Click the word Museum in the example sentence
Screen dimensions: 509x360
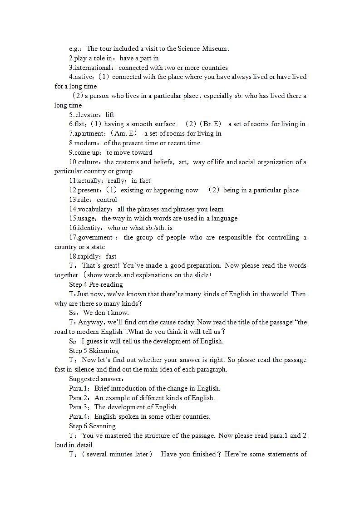pyautogui.click(x=213, y=49)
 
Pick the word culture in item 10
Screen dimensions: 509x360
pyautogui.click(x=90, y=162)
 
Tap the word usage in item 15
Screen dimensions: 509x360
pyautogui.click(x=87, y=218)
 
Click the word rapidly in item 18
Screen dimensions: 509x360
pyautogui.click(x=90, y=256)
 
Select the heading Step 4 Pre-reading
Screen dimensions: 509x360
pyautogui.click(x=96, y=284)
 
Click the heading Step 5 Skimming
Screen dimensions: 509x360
pyautogui.click(x=94, y=351)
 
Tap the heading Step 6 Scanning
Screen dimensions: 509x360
pyautogui.click(x=92, y=426)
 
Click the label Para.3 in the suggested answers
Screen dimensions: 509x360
pyautogui.click(x=79, y=407)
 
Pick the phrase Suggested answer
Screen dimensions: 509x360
pyautogui.click(x=95, y=379)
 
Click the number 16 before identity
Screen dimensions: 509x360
pyautogui.click(x=73, y=228)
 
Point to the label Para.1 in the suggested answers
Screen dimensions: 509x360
pyautogui.click(x=79, y=388)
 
